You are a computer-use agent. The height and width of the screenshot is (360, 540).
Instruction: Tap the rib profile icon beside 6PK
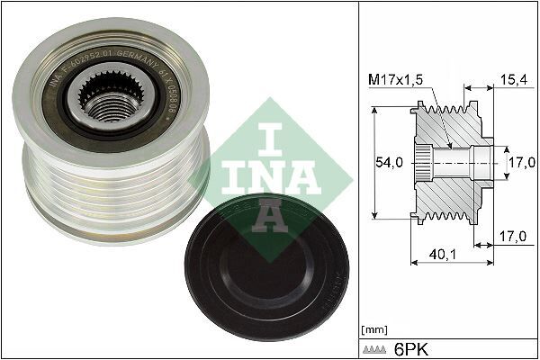(x=376, y=347)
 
